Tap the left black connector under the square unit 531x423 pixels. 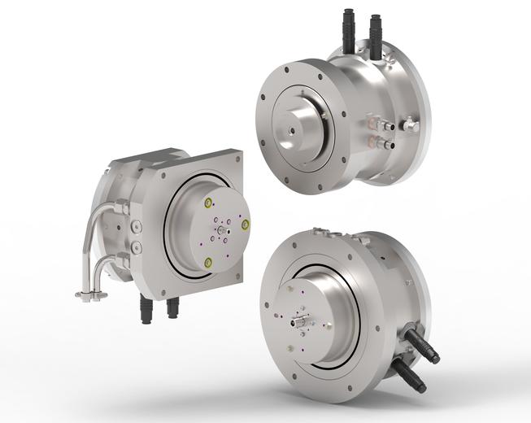147,308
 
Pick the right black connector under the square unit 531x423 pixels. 172,308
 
